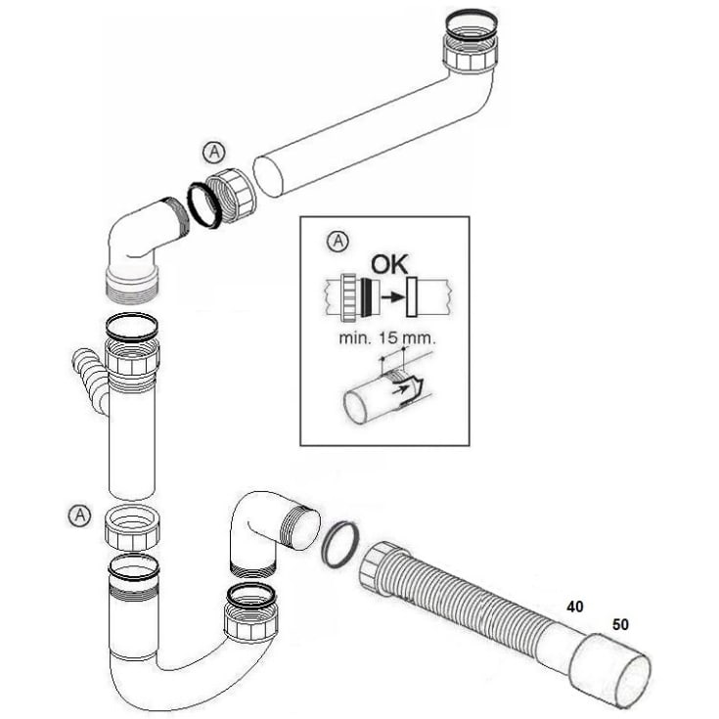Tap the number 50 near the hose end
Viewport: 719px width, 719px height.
pos(621,623)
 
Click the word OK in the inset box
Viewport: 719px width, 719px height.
pos(387,265)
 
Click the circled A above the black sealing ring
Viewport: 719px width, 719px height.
pos(214,152)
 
